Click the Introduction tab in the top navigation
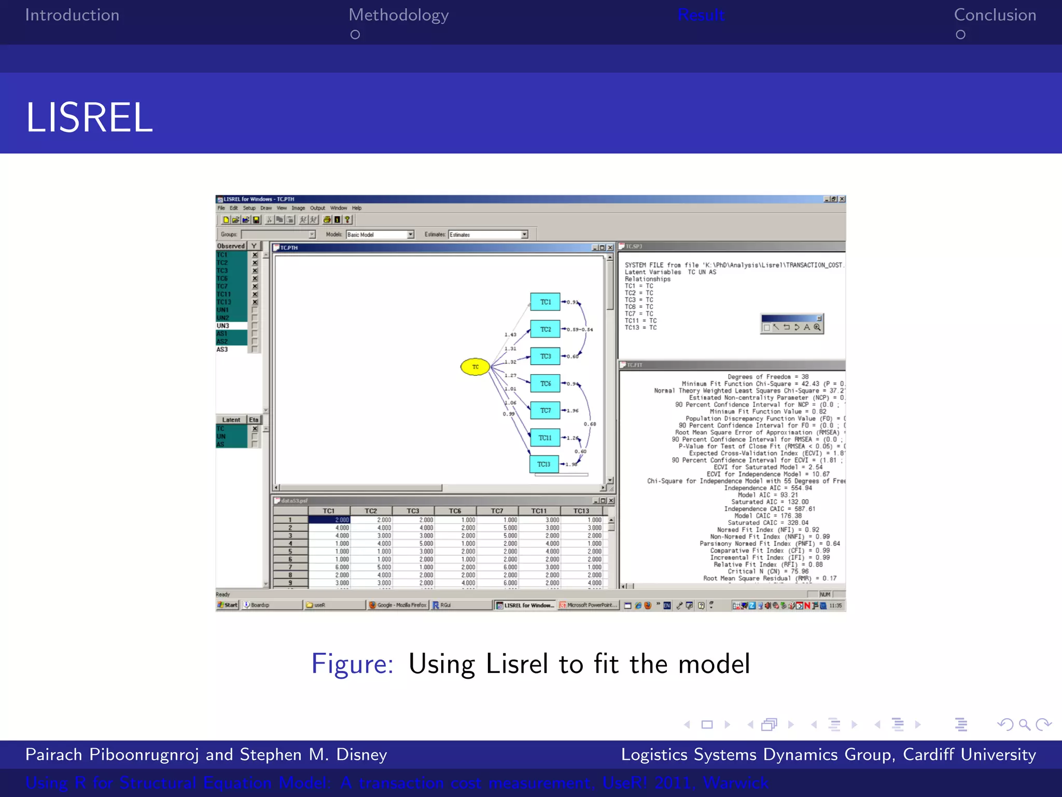(72, 15)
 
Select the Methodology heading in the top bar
(398, 15)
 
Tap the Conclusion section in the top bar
(995, 15)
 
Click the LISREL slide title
(89, 118)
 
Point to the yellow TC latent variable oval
(475, 367)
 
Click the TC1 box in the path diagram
(545, 302)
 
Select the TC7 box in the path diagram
(545, 410)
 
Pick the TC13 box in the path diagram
(544, 464)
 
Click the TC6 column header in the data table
(455, 511)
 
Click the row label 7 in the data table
(290, 567)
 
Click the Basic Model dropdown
(380, 235)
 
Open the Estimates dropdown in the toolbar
(487, 235)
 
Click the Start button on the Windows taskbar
(228, 605)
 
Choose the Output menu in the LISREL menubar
(317, 208)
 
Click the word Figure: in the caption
(352, 664)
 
